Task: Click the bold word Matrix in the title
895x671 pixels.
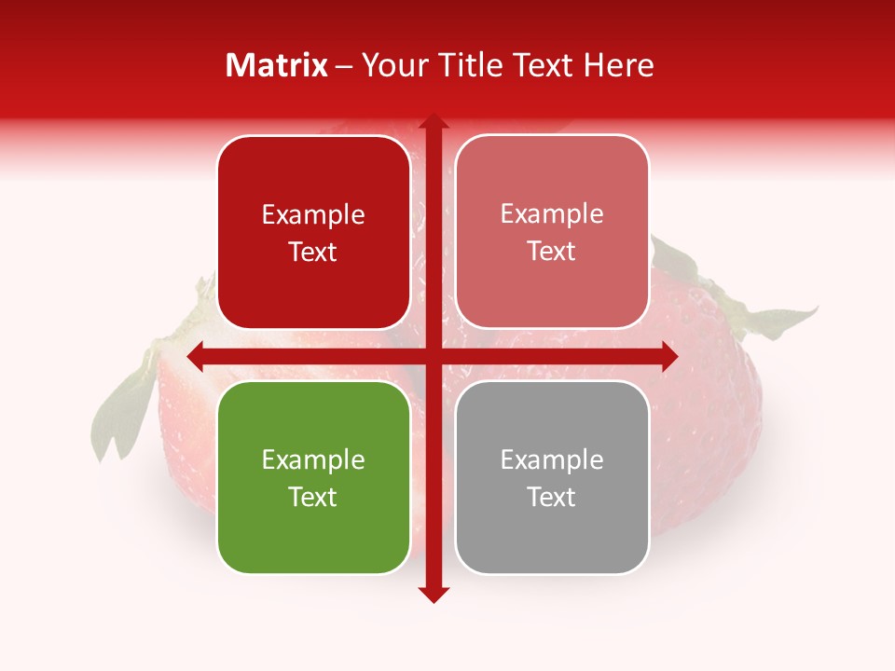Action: coord(277,65)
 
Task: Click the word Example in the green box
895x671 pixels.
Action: coord(313,459)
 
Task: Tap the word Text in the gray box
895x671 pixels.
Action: coord(552,497)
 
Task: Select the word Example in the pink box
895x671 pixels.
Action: coord(552,213)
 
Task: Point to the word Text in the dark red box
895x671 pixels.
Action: coord(313,252)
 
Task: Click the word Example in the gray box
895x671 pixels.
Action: coord(552,459)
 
